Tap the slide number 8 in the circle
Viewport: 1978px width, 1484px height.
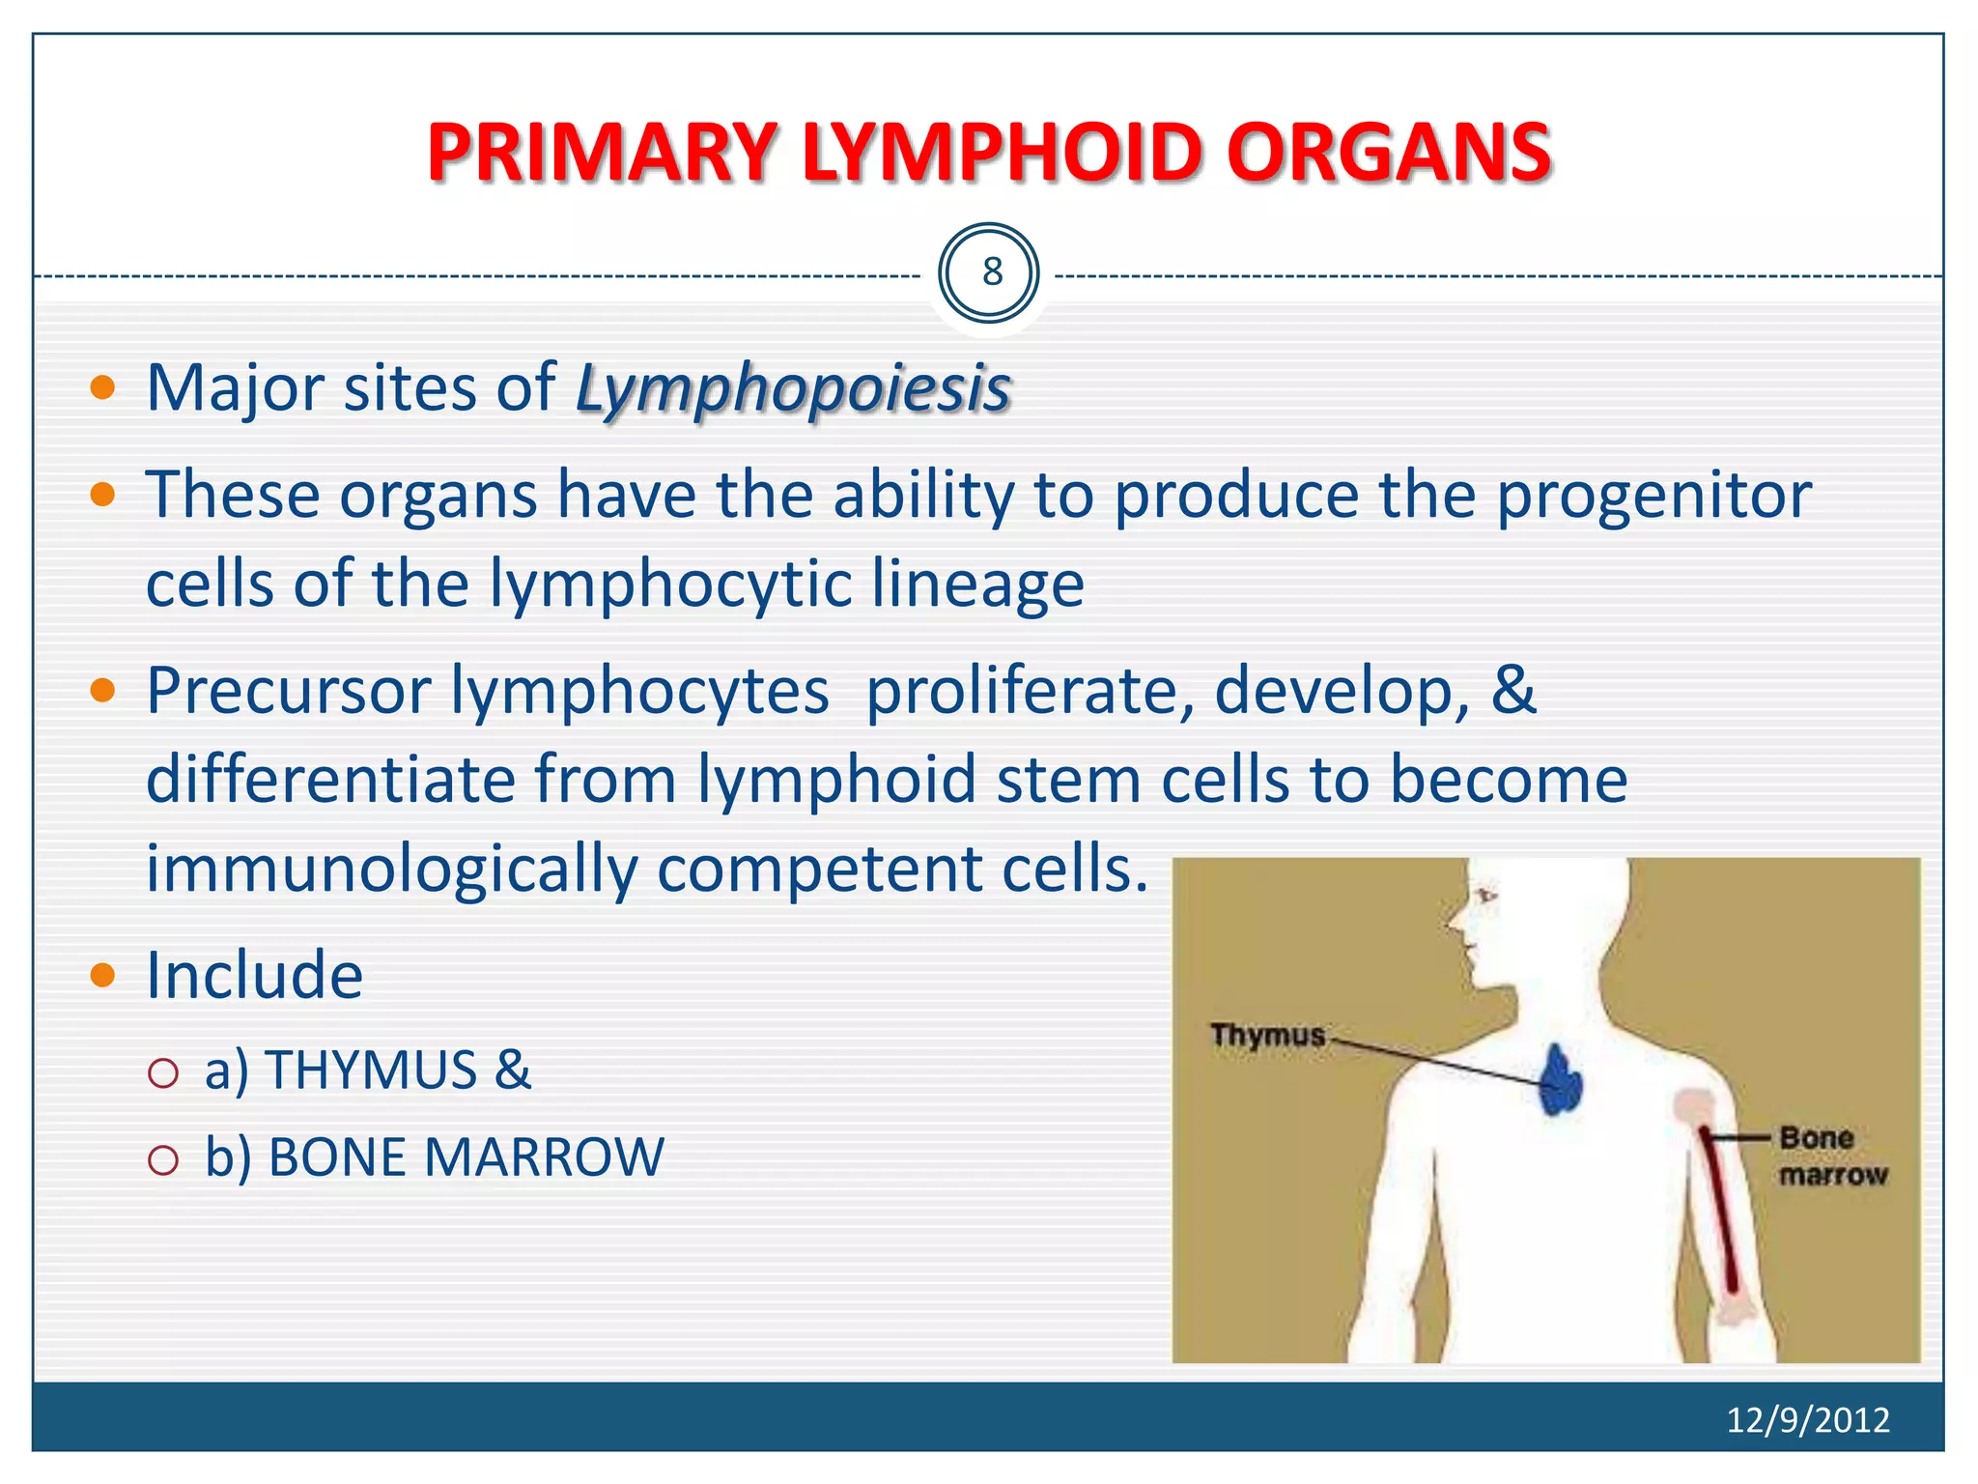[x=992, y=272]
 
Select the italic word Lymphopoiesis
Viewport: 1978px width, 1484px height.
[x=793, y=389]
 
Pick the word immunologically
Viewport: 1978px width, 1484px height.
[x=391, y=868]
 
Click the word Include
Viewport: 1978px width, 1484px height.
[x=254, y=975]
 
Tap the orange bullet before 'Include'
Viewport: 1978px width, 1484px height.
[x=102, y=975]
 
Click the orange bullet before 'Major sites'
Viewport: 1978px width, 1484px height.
[x=102, y=388]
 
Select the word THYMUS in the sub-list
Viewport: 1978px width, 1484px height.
[x=371, y=1070]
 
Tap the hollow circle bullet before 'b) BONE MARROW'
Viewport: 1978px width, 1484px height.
[x=163, y=1159]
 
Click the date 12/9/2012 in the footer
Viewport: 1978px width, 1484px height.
[x=1807, y=1419]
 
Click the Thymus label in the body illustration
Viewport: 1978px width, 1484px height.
[x=1266, y=1035]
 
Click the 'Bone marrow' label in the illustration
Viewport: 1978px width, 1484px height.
[x=1830, y=1156]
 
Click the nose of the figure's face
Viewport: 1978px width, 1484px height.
[x=1455, y=921]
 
